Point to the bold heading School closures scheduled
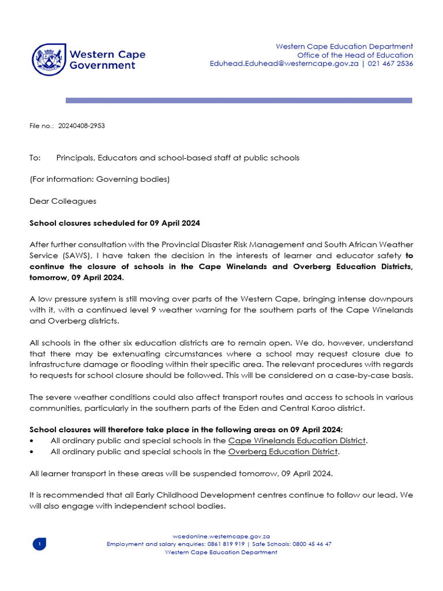115,223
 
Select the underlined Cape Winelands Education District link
297,440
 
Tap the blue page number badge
39,544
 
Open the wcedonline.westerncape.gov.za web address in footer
221,536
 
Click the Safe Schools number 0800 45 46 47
310,544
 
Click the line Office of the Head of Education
359,55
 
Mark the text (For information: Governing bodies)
99,179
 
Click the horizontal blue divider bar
239,100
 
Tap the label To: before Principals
35,158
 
